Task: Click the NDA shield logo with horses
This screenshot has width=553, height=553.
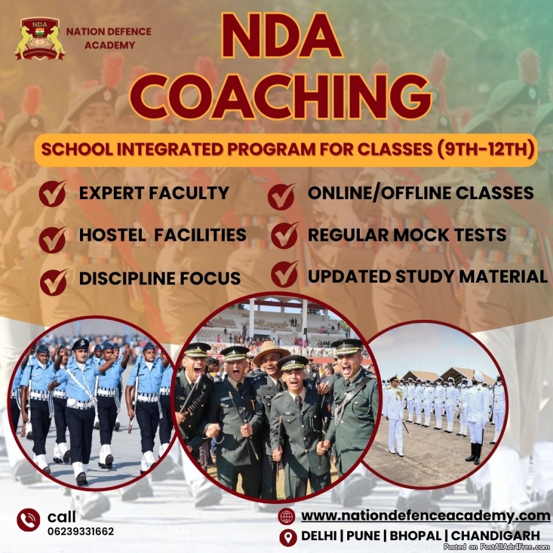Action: [40, 39]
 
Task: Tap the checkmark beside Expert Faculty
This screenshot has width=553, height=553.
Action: [53, 194]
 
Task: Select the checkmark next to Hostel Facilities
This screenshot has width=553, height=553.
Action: [53, 240]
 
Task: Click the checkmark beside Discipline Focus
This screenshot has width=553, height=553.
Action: [53, 282]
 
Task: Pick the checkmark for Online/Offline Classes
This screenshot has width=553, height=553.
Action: [281, 197]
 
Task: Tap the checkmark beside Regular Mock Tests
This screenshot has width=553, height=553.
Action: [285, 235]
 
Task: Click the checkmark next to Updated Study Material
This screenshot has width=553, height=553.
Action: [285, 274]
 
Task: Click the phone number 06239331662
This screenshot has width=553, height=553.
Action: [80, 531]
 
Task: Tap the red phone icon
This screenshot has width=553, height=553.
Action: [28, 520]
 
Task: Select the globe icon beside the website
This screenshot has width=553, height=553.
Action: [286, 517]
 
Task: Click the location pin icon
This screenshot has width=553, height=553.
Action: [288, 538]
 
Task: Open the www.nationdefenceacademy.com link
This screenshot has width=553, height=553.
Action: [426, 516]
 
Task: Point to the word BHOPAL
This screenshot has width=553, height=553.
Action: [415, 536]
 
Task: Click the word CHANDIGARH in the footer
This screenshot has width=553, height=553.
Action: [495, 536]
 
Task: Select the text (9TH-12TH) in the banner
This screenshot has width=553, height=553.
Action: [485, 149]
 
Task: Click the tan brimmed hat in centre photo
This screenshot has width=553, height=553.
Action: [271, 352]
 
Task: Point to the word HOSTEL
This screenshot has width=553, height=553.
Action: [112, 235]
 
